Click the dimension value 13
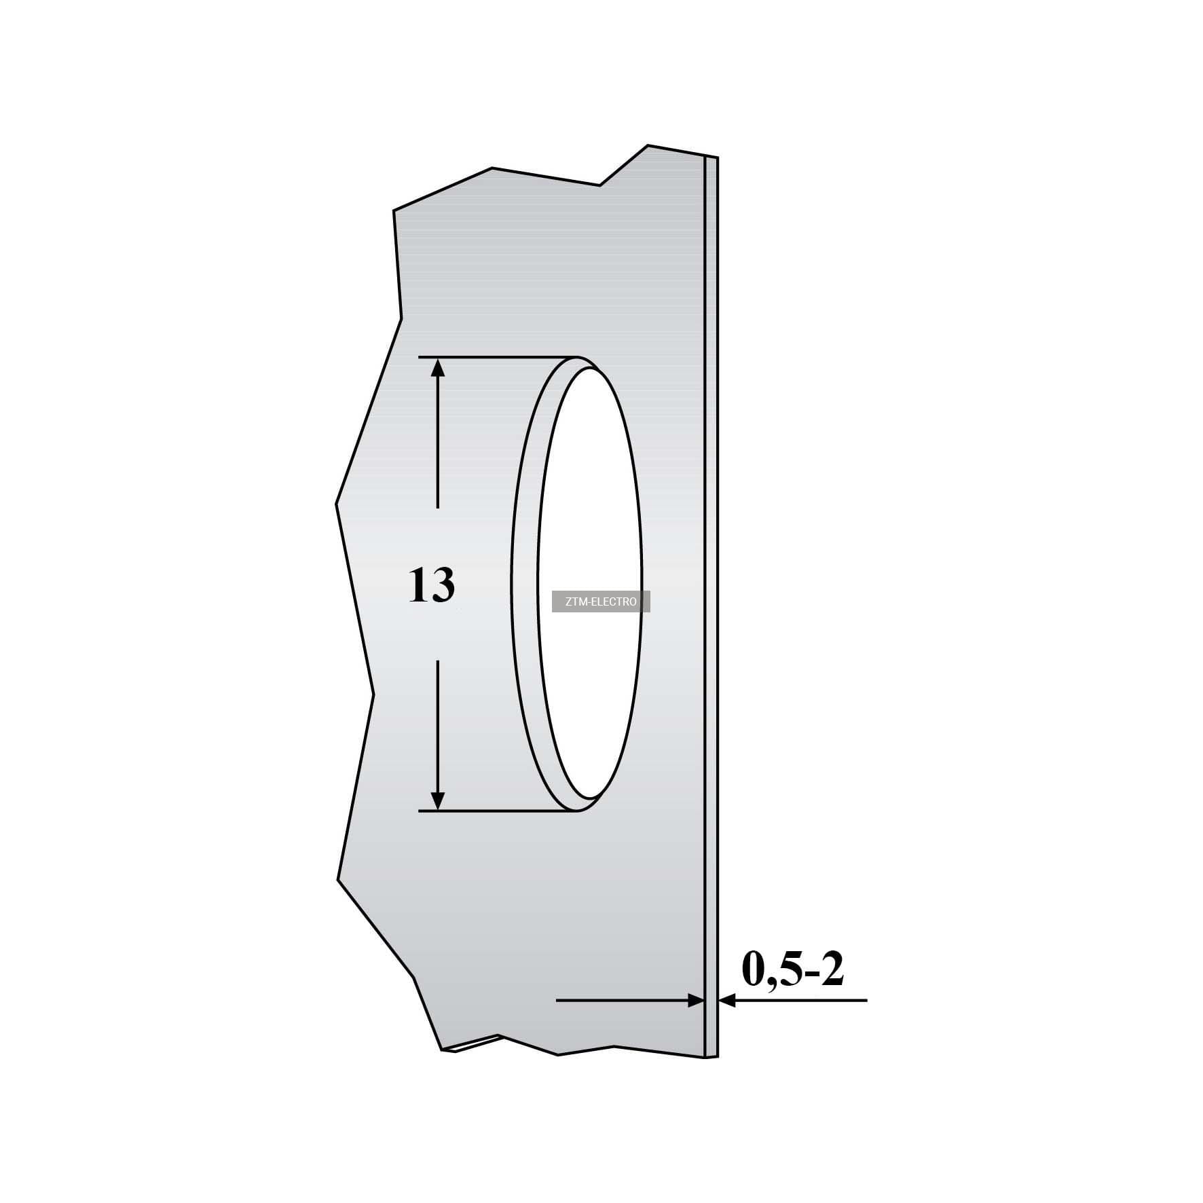[432, 586]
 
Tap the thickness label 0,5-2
[793, 970]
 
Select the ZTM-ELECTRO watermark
[601, 601]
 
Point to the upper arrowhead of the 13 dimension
[438, 368]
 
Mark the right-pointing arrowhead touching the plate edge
[697, 1000]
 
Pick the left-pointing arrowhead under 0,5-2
[728, 1000]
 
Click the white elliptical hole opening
[590, 584]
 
